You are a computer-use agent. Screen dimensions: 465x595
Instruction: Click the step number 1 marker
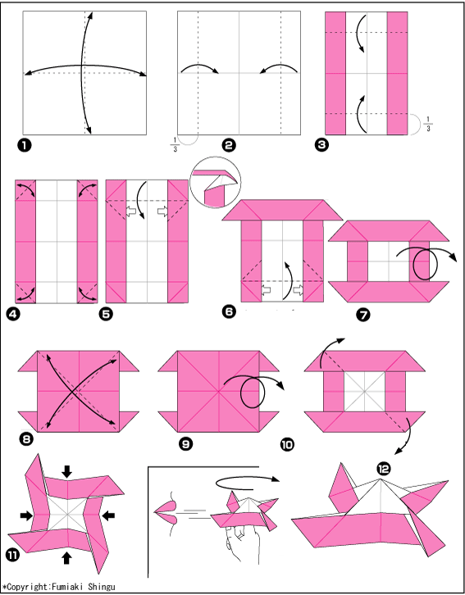[x=24, y=145]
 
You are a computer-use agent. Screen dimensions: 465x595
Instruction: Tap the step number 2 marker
[x=229, y=145]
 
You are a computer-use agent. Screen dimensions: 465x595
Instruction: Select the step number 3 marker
[x=321, y=144]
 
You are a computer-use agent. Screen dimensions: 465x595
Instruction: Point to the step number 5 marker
[x=106, y=314]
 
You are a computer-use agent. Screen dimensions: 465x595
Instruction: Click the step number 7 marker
[x=363, y=315]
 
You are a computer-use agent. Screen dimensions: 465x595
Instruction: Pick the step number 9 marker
[x=185, y=443]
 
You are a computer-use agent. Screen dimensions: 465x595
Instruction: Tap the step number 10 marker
[x=287, y=444]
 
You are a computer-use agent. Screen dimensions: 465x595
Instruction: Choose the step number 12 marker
[x=383, y=469]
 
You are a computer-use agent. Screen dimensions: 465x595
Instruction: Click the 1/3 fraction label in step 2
[x=175, y=145]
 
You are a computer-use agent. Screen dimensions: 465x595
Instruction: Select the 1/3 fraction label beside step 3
[x=428, y=125]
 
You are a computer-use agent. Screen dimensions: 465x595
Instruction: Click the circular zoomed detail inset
[x=215, y=182]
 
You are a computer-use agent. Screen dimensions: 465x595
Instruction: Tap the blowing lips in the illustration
[x=164, y=513]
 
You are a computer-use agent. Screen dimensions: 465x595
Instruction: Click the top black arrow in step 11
[x=66, y=472]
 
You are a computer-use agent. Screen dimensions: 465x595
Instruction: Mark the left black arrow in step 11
[x=26, y=515]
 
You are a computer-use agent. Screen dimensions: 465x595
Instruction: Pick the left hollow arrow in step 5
[x=130, y=211]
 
